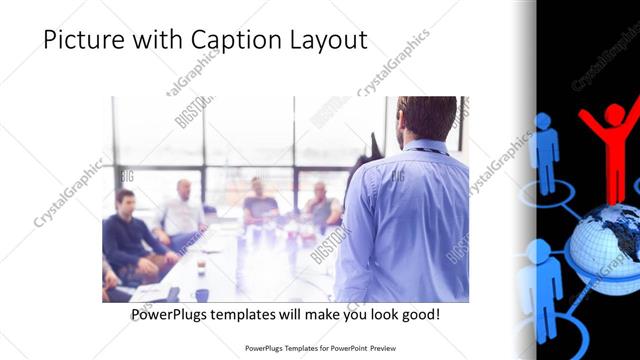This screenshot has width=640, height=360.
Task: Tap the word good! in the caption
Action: [418, 314]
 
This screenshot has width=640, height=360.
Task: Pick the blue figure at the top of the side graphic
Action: [545, 150]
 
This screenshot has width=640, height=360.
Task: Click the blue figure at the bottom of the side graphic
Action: [540, 290]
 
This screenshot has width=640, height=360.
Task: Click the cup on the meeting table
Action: [201, 265]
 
